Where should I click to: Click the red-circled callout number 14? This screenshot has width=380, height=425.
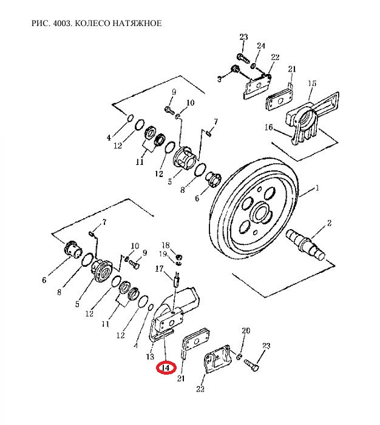pos(166,368)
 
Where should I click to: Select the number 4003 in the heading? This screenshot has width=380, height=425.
pos(62,23)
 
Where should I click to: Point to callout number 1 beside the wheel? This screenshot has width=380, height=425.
pos(317,187)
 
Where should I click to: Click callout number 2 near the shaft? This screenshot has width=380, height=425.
pos(329,223)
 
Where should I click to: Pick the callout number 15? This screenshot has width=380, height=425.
pos(312,83)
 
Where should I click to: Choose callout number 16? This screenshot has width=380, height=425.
pos(269,127)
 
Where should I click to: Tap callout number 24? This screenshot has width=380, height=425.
pos(261,45)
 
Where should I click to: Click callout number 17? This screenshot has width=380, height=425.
pos(159,269)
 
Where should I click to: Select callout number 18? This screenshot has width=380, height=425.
pos(166,245)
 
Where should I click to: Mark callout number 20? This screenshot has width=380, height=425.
pos(246,330)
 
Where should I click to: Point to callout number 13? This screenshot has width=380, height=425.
pos(150,356)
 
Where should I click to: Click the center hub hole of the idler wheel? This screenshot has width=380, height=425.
pos(262,212)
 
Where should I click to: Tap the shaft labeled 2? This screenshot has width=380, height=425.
pos(305,244)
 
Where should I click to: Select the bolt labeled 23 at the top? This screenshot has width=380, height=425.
pos(243,58)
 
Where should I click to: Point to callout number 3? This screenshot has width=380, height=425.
pos(220,79)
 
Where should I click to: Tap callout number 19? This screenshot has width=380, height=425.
pos(163,254)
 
